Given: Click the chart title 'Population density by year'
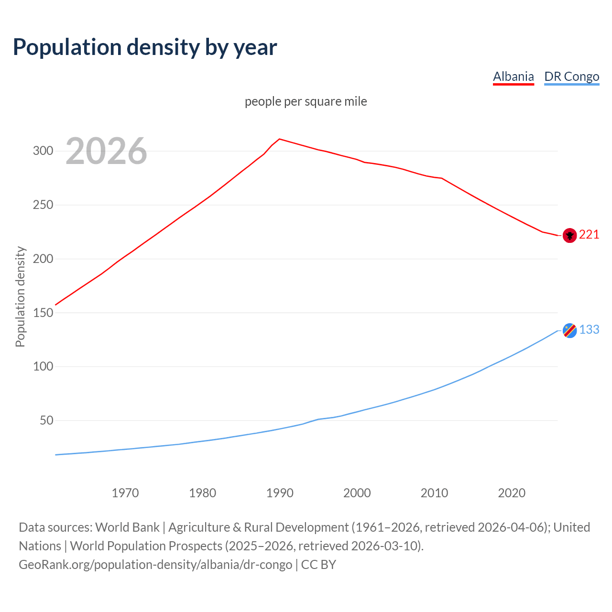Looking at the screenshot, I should (x=145, y=47).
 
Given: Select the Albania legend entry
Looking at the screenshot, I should (x=513, y=76).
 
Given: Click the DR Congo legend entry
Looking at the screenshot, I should (x=571, y=76).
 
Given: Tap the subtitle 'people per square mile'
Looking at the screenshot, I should (x=306, y=101).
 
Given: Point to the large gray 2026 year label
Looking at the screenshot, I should (x=106, y=151).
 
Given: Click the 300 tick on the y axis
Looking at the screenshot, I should (x=43, y=151).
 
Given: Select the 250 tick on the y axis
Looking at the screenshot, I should (x=43, y=205).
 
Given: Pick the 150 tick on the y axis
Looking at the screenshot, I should (x=43, y=313).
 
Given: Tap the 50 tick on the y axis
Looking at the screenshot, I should (x=46, y=421).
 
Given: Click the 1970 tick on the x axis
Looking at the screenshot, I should (x=125, y=493).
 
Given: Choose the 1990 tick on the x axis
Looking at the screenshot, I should (x=280, y=493).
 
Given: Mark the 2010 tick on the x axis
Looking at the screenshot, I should (x=434, y=493).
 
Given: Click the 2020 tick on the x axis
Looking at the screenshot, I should (x=512, y=493).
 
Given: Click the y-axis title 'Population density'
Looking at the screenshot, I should (x=20, y=296).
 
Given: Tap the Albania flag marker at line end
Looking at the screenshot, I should (x=569, y=235).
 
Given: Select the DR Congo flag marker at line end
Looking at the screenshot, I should (x=569, y=330).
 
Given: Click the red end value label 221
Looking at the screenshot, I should (x=589, y=234).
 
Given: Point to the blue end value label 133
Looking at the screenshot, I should (x=589, y=329).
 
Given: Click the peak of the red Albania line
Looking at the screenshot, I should (x=280, y=139).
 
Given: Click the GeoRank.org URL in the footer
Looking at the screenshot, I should (x=155, y=565).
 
